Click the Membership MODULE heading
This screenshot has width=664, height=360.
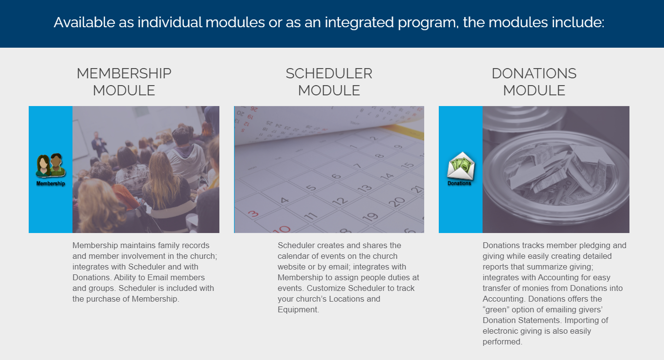point(124,82)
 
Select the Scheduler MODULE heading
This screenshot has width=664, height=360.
point(329,82)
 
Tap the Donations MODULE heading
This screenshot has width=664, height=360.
point(534,82)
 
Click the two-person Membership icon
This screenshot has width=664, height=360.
point(51,165)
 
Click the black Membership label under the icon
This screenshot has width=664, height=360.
point(51,183)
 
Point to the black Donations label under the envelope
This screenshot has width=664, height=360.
point(459,183)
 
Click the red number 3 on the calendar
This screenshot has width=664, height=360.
point(253,214)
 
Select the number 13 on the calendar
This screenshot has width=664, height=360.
point(364,188)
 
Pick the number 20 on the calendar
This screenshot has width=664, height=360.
point(396,202)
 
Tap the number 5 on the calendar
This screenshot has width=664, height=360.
point(311,188)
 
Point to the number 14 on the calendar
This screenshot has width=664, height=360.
point(387,177)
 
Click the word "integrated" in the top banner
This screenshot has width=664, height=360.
point(359,22)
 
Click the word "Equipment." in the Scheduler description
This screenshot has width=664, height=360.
point(298,309)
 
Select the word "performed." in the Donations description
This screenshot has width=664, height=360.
point(502,342)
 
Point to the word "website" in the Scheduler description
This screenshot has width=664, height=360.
point(291,267)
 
